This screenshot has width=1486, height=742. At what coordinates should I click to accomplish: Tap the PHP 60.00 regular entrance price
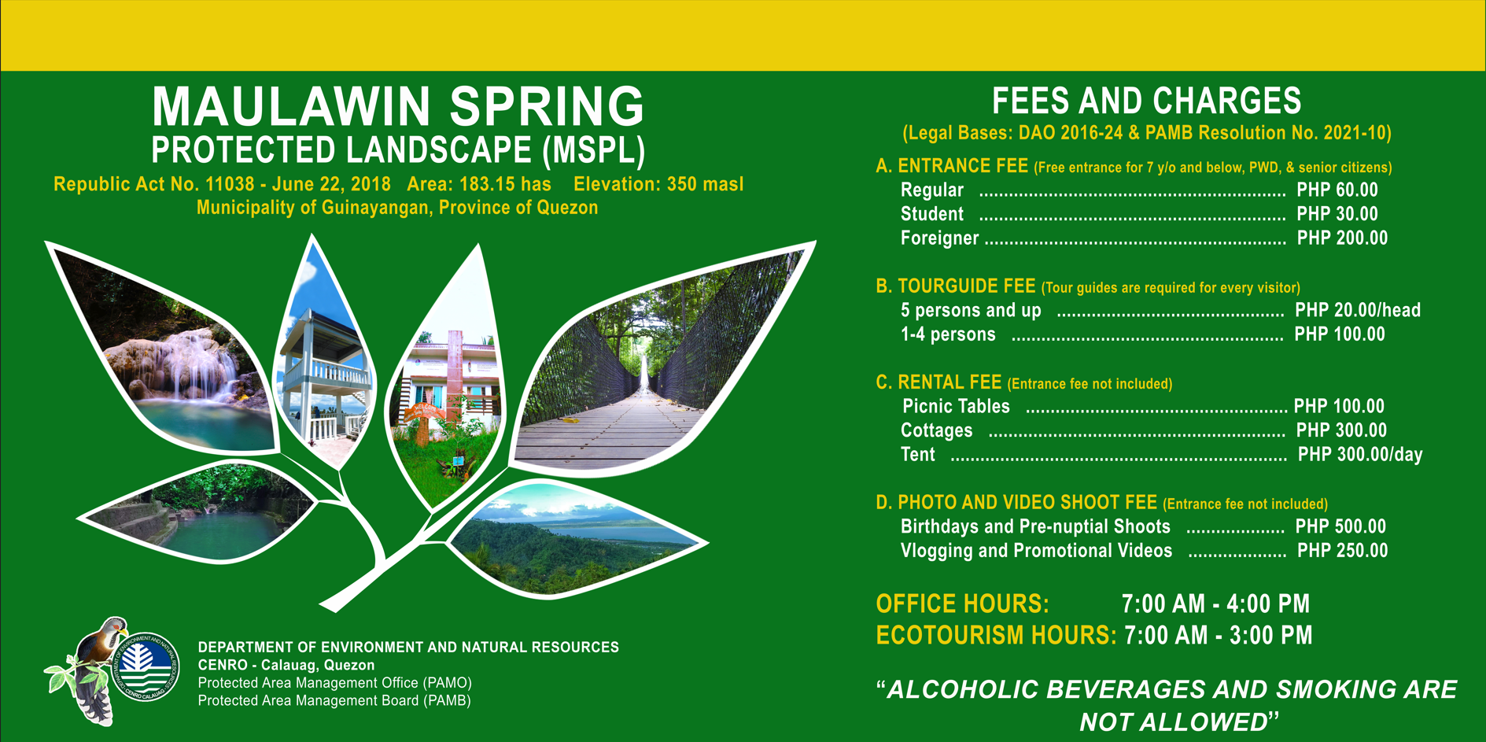click(1337, 190)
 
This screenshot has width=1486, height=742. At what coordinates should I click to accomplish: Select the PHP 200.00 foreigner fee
click(1342, 238)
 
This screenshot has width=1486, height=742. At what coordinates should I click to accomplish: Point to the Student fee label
click(931, 214)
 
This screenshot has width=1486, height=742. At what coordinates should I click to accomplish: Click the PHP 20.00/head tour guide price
click(1358, 311)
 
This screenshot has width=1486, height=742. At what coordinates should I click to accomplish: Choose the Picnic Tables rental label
click(956, 407)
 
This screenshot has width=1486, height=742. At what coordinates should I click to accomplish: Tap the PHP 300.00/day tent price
click(1360, 455)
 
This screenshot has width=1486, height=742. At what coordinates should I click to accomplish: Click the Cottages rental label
click(936, 431)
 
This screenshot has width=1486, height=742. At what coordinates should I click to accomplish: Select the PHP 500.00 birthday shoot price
click(1340, 527)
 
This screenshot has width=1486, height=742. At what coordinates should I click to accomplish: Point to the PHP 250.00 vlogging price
click(1342, 551)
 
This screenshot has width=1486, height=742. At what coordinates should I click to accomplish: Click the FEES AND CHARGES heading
click(1146, 102)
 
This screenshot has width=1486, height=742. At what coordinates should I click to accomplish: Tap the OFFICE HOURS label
click(962, 604)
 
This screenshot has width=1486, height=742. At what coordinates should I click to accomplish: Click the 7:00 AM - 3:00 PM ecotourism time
click(1218, 636)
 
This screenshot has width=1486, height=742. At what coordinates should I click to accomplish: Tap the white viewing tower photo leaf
click(325, 370)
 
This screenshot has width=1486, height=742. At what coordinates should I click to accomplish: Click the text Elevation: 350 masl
click(658, 185)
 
